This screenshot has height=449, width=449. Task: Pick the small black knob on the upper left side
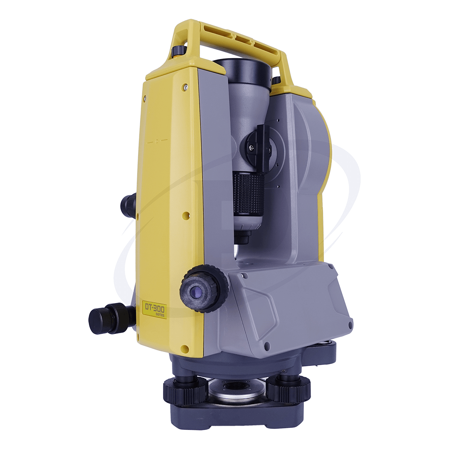click(x=128, y=205)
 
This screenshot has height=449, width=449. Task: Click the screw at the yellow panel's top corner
click(x=185, y=87)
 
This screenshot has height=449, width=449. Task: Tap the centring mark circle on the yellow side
click(x=157, y=141)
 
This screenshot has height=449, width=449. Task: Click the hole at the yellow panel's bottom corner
click(x=185, y=348)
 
